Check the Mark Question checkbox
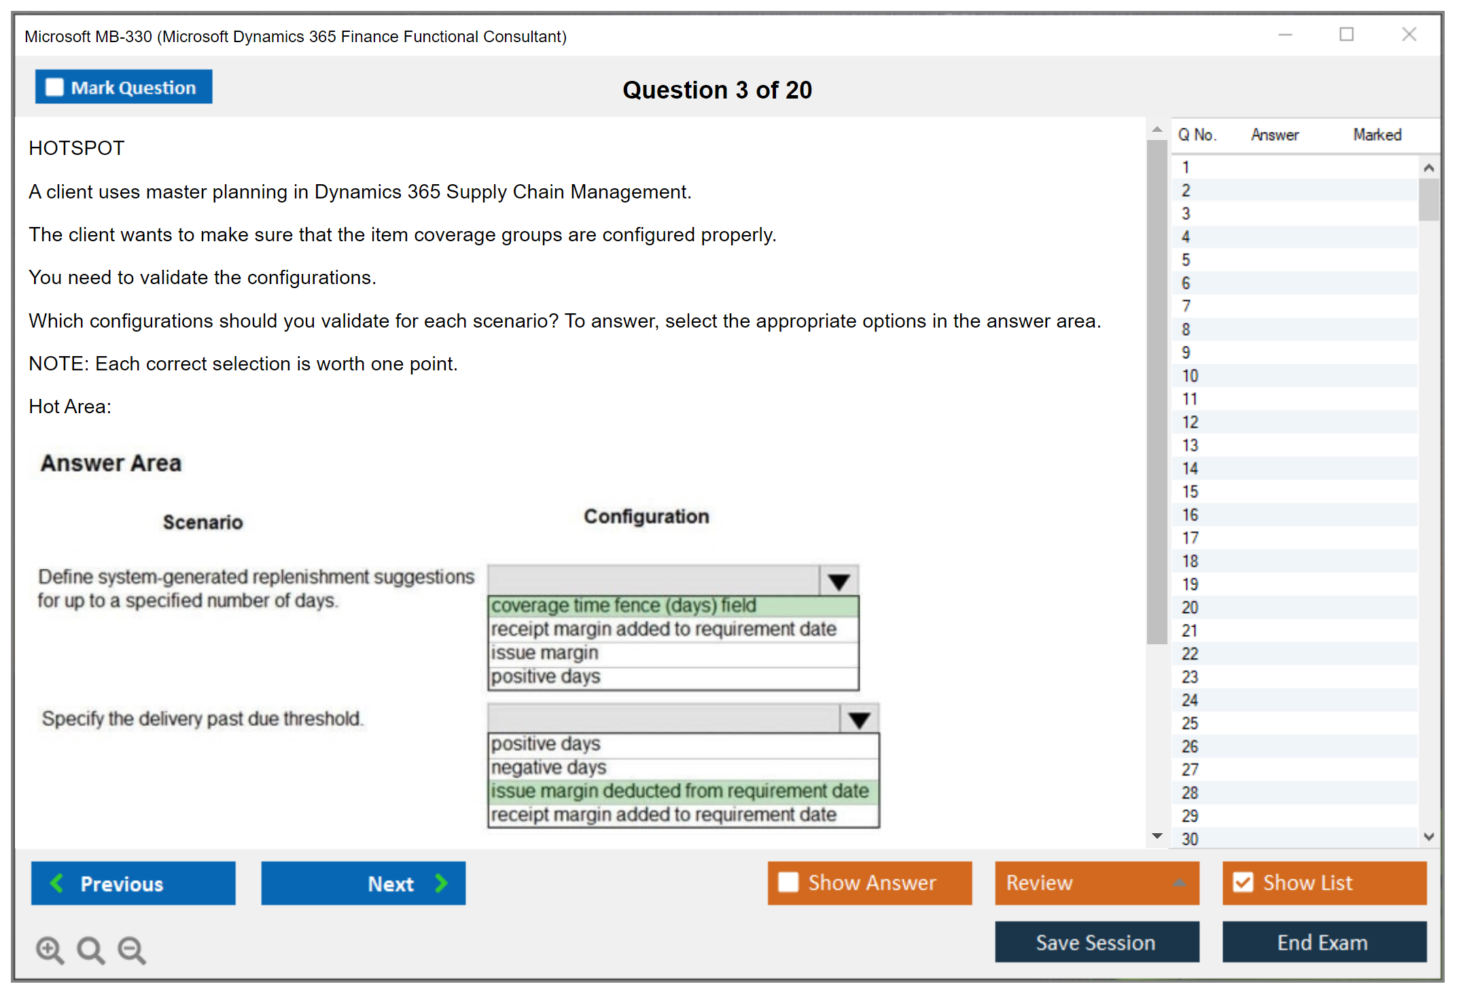click(x=54, y=88)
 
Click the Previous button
click(x=133, y=883)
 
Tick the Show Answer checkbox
click(x=788, y=882)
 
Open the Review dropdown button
click(x=1097, y=883)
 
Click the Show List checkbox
click(x=1243, y=882)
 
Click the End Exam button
click(x=1324, y=942)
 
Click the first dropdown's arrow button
click(x=839, y=581)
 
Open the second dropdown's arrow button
click(x=860, y=719)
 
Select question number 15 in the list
click(x=1190, y=491)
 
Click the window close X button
click(x=1409, y=35)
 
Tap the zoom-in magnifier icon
click(x=50, y=949)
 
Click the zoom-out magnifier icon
click(x=132, y=949)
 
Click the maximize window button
click(x=1346, y=35)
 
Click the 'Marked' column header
click(x=1377, y=135)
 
